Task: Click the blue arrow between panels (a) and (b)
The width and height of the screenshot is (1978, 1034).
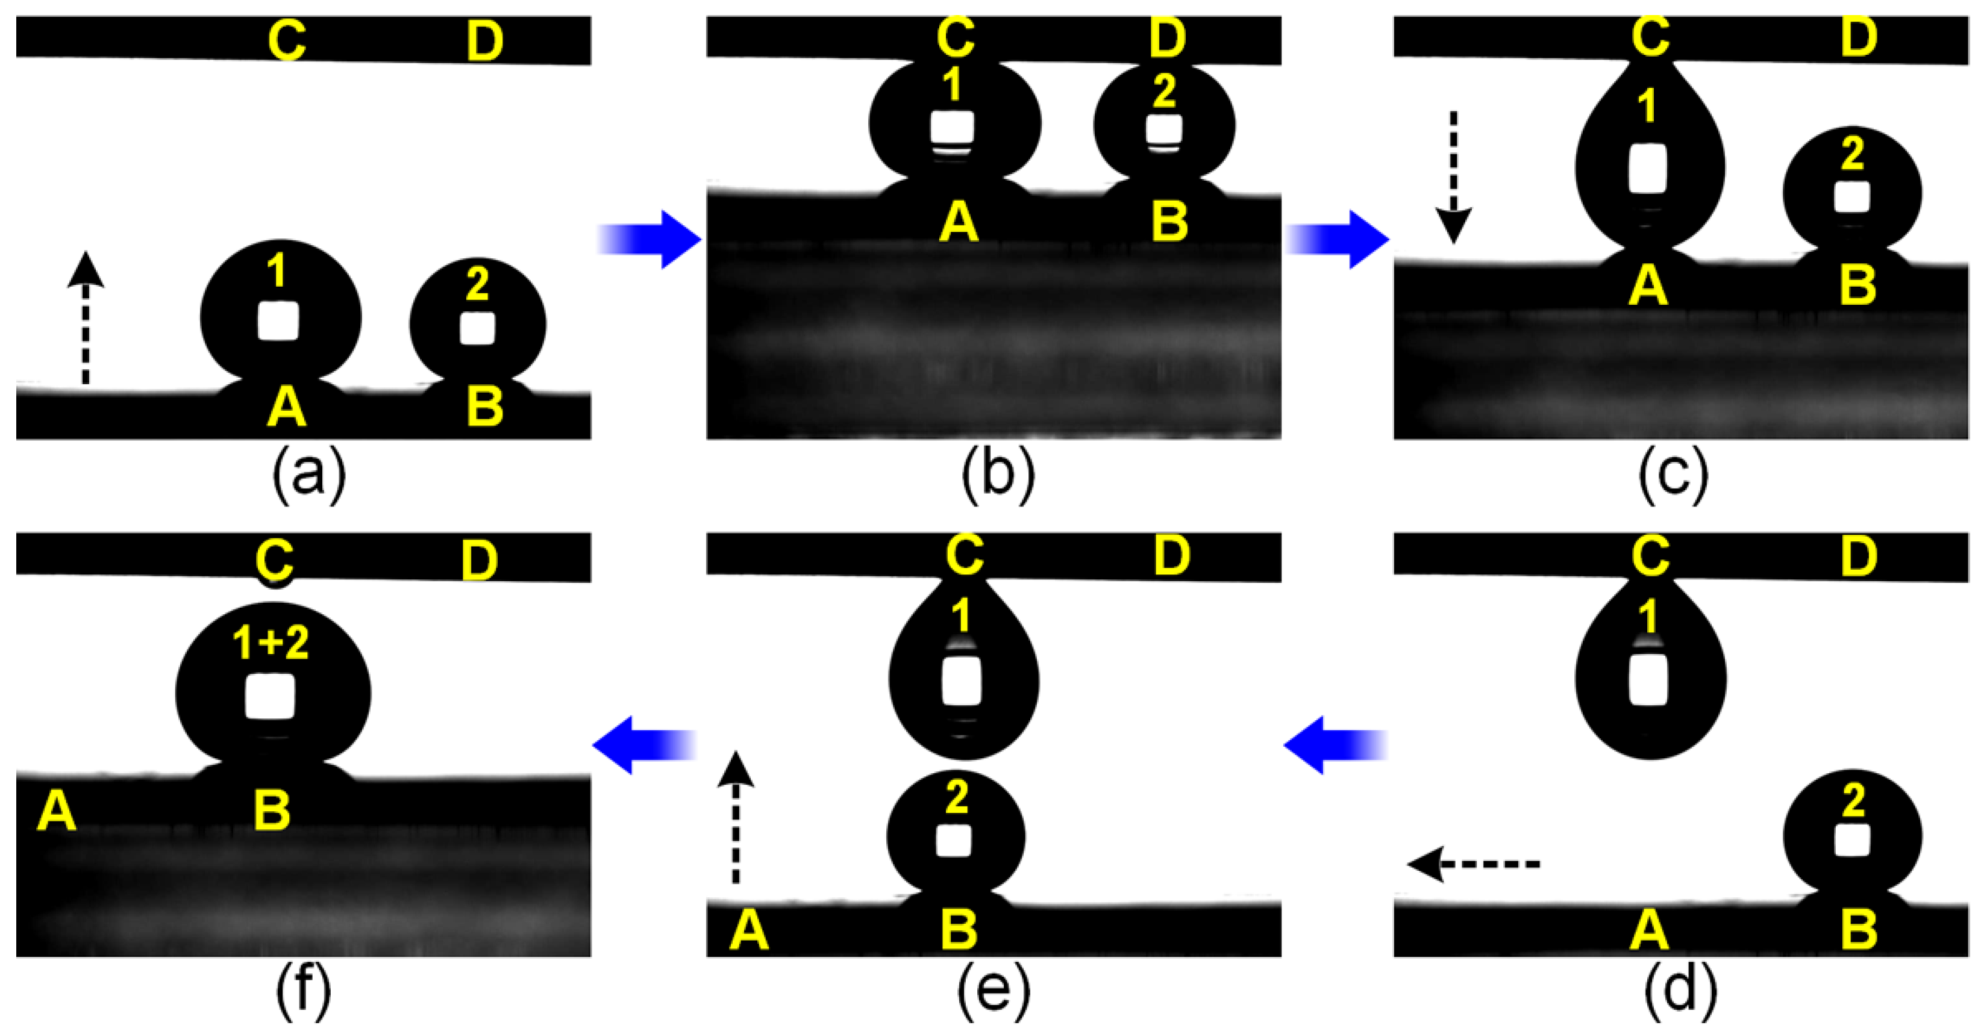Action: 649,240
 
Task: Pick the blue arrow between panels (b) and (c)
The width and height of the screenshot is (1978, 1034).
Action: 1338,240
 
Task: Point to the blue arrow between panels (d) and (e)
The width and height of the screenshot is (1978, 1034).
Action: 1336,744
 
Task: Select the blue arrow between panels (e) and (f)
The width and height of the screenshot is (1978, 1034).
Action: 645,744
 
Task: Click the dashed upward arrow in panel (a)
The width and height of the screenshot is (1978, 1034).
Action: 85,318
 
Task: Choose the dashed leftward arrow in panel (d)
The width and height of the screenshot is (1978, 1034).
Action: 1474,864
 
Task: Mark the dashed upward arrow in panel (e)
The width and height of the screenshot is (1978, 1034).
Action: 736,818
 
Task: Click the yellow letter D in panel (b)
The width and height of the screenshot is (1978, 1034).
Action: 1168,39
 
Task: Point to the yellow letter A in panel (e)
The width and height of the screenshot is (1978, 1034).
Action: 749,932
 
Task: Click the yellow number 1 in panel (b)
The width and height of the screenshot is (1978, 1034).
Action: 953,84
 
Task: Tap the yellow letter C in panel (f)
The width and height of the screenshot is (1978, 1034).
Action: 274,561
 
